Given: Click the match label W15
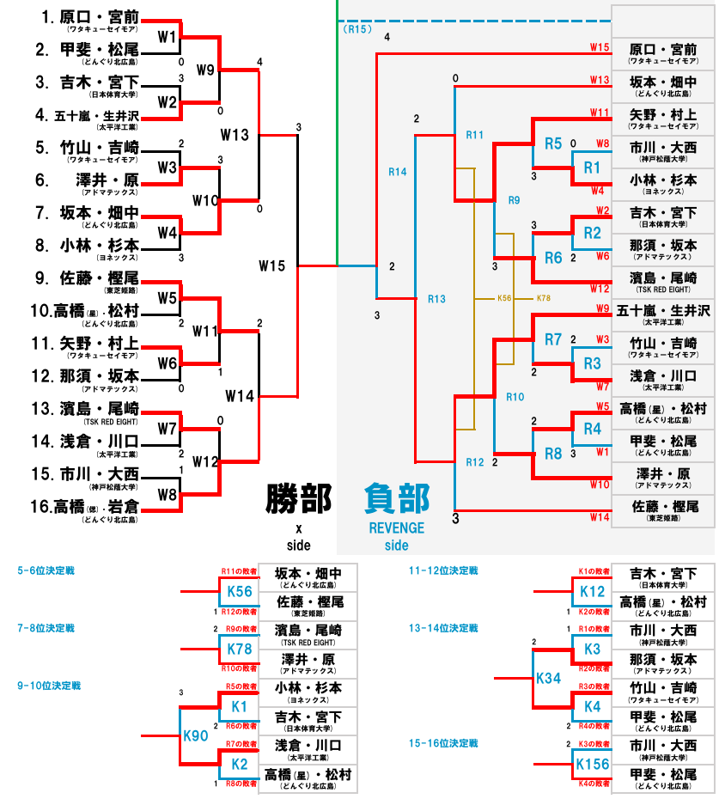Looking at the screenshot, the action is pos(272,266).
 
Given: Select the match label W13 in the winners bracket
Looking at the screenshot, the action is pos(235,135).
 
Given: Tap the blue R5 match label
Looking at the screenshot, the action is pos(553,143).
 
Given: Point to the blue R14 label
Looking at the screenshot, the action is pos(398,172).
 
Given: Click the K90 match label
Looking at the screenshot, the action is pos(196,735).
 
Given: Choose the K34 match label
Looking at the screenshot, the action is pos(548,678).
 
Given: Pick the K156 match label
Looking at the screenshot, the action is pos(593,765).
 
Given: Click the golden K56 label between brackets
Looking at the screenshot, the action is pos(504,298).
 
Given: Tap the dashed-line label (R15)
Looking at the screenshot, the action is pos(357,29).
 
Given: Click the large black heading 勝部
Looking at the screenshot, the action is pos(299,498).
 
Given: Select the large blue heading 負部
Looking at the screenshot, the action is pos(397,498).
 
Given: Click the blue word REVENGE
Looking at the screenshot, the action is pos(396,528).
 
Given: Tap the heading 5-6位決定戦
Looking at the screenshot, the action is pos(46,570).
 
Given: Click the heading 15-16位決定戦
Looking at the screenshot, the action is pos(443,743).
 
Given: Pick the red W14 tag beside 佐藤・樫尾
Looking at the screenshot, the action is pos(600,518).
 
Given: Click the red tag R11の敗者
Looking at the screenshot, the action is pos(240,571).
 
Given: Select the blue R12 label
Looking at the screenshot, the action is pos(475,462).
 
